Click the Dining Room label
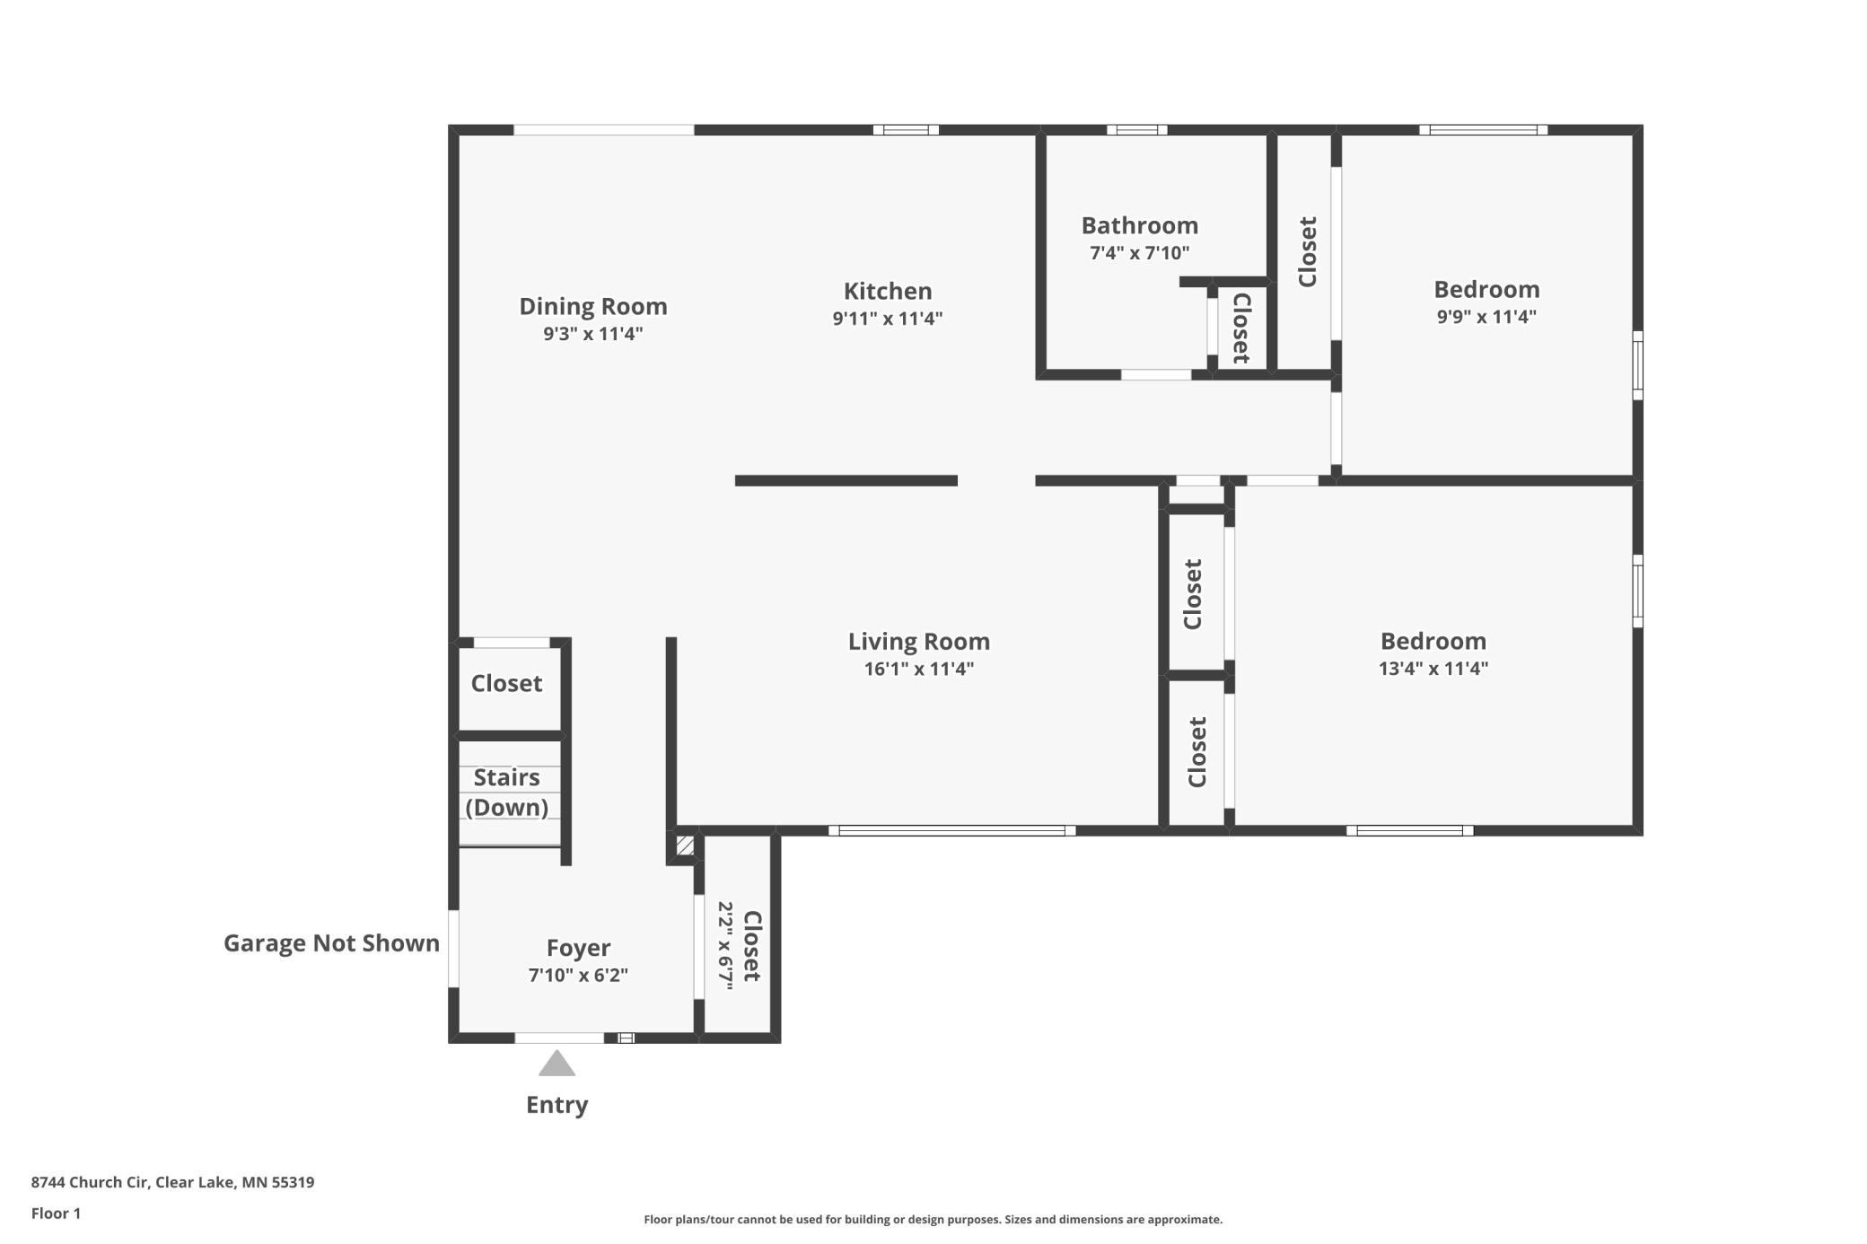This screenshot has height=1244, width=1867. [593, 306]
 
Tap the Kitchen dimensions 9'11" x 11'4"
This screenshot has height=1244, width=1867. [888, 319]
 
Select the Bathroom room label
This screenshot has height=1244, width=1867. [1140, 225]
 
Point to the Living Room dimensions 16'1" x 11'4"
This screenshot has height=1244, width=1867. [919, 669]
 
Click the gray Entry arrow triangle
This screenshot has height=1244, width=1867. [557, 1064]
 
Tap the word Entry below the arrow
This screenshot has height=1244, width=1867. [557, 1105]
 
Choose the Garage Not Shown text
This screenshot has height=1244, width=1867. [331, 943]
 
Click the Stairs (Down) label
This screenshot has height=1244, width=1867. [507, 793]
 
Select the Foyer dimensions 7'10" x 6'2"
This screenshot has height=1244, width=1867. [578, 976]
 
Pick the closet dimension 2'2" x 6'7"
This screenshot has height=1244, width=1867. [725, 945]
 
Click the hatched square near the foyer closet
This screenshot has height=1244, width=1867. [685, 845]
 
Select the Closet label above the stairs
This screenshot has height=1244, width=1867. [507, 684]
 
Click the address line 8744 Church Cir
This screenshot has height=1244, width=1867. [172, 1182]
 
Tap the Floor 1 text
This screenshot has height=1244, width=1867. [56, 1213]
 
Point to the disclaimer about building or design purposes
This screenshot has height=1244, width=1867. [933, 1219]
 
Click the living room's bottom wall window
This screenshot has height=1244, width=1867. [951, 830]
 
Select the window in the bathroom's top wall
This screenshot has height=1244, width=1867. [1136, 130]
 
